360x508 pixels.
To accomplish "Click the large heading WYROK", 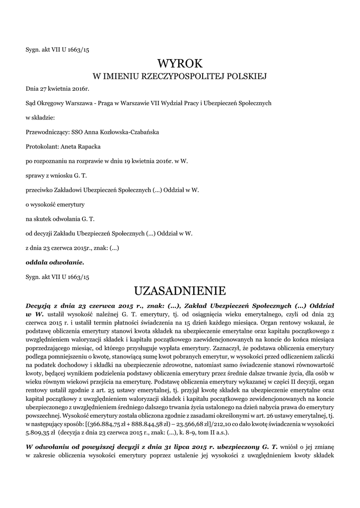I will (x=180, y=63).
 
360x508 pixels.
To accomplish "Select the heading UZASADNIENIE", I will (x=180, y=290).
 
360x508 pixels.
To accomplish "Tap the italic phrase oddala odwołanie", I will (x=55, y=261).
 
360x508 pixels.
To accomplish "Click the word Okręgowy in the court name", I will (x=55, y=103).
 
